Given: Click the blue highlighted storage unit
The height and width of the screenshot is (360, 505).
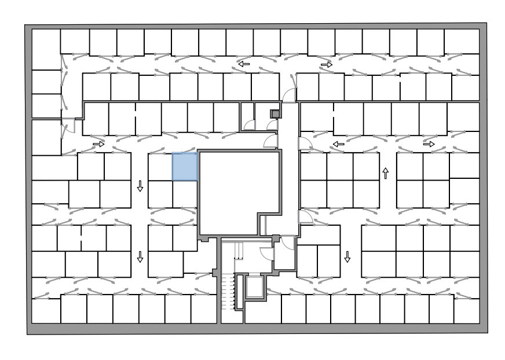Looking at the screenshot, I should (185, 167).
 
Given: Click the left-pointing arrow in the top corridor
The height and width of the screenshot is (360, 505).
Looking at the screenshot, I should (244, 64).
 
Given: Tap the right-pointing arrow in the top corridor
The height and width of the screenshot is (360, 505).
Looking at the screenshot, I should (327, 65).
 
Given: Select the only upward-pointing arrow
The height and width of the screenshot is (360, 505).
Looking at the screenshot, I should (385, 172).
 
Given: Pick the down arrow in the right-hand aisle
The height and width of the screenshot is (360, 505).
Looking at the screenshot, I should (347, 256).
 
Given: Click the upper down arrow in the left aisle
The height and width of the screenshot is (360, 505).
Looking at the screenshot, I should (140, 186).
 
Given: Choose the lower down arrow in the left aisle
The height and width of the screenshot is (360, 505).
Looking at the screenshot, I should (140, 256).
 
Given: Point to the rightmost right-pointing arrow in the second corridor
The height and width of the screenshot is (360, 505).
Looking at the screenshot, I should (429, 144).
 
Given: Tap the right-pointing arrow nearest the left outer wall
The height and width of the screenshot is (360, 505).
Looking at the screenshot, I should (98, 144).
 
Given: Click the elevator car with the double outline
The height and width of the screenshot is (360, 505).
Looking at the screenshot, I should (254, 286).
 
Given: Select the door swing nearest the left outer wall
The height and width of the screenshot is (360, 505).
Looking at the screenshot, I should (69, 126).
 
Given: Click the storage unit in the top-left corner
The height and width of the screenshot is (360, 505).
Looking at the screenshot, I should (46, 49).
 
